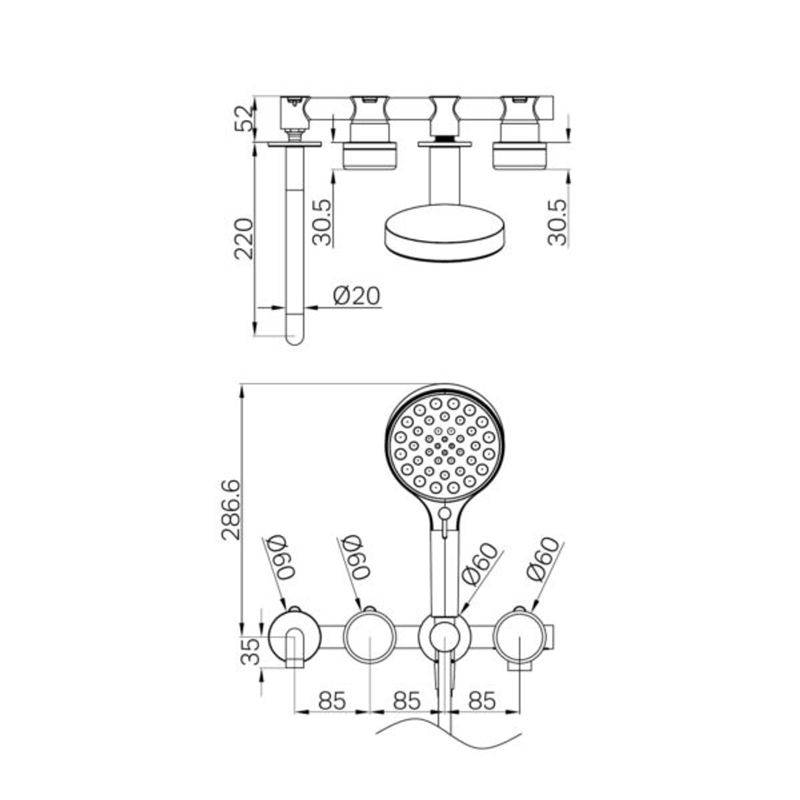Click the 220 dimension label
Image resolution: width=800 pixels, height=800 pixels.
coord(244,238)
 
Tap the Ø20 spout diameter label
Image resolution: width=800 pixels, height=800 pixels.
coord(356,296)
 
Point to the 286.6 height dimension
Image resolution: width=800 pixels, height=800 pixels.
coord(231,509)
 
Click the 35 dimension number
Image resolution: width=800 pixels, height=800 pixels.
coord(253,652)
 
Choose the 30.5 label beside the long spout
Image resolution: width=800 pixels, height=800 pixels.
coord(322,221)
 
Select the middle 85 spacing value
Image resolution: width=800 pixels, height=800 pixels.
coord(406,700)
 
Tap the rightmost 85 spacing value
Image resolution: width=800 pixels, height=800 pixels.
coord(482,700)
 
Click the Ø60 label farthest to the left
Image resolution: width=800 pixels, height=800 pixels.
coord(280,558)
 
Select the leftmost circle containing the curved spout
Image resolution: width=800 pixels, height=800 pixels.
coord(294,636)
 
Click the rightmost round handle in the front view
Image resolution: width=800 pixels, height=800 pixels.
coord(520,636)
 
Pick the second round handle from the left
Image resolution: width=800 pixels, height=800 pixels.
coord(370,636)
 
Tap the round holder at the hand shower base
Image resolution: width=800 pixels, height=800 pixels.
coord(444,636)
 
